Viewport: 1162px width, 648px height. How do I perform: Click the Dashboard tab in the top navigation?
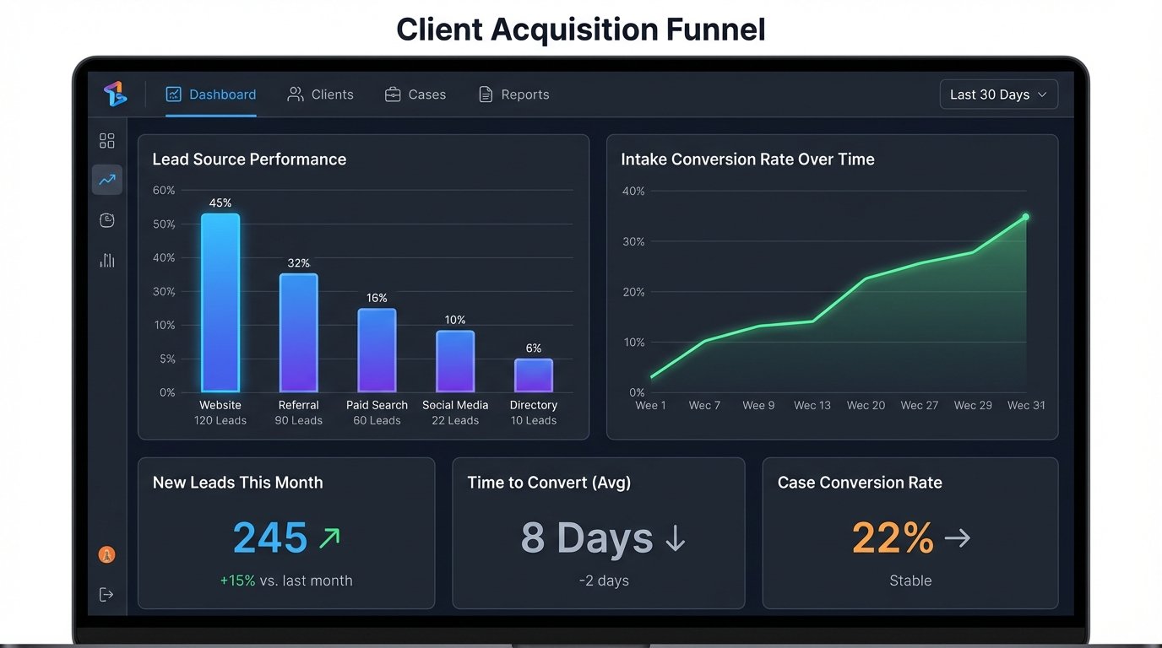[211, 94]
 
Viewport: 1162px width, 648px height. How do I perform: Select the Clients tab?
[321, 94]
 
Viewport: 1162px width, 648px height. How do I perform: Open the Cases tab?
[415, 94]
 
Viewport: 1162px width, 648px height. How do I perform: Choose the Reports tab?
[514, 94]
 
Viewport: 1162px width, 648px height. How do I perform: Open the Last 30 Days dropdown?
[998, 94]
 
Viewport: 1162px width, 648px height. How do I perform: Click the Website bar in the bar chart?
[220, 303]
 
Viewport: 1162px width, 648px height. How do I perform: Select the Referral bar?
[299, 332]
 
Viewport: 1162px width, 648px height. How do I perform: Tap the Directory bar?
[534, 375]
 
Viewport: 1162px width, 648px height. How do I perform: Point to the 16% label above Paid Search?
[377, 298]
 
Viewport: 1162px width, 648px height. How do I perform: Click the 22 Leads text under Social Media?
[455, 420]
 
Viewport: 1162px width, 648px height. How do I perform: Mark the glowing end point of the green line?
[1026, 217]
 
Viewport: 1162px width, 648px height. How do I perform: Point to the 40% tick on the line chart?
[633, 192]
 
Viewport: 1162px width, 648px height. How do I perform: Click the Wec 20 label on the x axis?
[866, 405]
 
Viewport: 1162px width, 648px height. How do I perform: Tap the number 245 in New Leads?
[270, 537]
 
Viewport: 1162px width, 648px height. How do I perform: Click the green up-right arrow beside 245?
[329, 537]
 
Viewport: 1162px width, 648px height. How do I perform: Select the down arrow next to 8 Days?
[675, 538]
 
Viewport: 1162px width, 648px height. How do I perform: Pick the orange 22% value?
[893, 537]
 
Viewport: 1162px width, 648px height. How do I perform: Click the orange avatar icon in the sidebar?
[107, 554]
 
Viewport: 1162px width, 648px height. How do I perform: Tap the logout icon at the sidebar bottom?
[106, 595]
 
